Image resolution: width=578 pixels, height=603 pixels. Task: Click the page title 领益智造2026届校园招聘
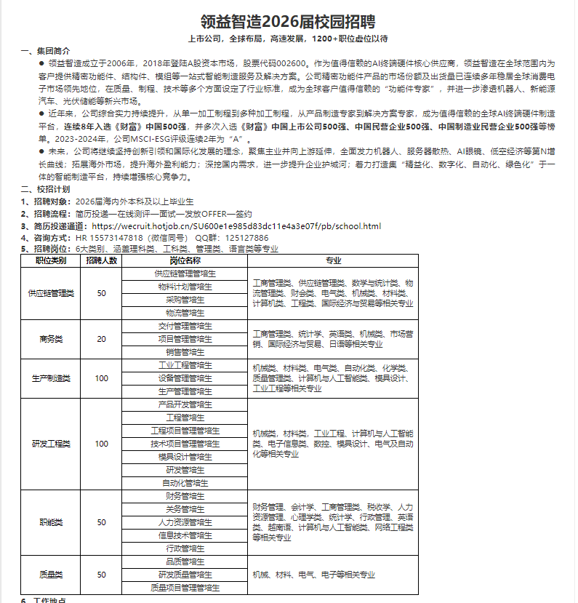click(289, 20)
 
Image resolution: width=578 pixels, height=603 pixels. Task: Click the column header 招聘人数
click(102, 260)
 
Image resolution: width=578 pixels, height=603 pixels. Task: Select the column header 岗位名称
click(185, 260)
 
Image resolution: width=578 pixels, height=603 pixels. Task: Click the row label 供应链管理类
click(51, 293)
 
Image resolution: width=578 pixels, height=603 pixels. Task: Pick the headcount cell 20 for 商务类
click(102, 339)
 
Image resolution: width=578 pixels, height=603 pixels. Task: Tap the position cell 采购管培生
click(185, 300)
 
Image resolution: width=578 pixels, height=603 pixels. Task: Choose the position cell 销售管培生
click(185, 352)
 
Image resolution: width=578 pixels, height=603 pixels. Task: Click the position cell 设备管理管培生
click(185, 378)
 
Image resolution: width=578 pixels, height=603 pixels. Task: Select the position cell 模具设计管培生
click(185, 457)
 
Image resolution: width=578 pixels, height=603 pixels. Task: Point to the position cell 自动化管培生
click(185, 483)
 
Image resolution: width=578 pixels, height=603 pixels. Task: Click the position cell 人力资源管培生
click(185, 522)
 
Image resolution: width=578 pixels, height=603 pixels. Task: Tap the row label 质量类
click(51, 575)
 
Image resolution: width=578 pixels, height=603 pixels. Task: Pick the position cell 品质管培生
click(185, 562)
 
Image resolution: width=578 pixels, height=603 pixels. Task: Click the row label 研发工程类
click(51, 444)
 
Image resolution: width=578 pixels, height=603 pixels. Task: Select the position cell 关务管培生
click(185, 509)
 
